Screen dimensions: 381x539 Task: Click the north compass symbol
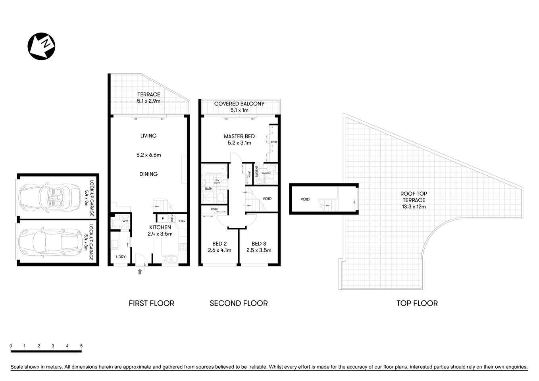click(41, 46)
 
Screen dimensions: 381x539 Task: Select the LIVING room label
click(148, 136)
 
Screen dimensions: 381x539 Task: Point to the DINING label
click(148, 174)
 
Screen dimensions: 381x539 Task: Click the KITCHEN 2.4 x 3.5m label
click(160, 231)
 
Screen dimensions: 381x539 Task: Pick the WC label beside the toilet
click(125, 221)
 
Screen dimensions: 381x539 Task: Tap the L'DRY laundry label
click(121, 257)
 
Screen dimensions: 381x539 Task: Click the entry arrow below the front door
click(140, 271)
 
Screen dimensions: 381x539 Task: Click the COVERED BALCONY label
click(239, 107)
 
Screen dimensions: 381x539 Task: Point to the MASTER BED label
click(239, 140)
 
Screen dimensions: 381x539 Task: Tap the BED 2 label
click(219, 247)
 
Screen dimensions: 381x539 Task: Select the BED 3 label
click(259, 247)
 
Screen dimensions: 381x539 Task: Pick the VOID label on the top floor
click(305, 199)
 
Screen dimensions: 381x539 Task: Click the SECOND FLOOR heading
click(239, 303)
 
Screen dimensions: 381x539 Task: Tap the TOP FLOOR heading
click(417, 303)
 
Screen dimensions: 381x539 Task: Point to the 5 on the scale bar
click(81, 346)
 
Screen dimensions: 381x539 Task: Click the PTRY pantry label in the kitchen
click(182, 221)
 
